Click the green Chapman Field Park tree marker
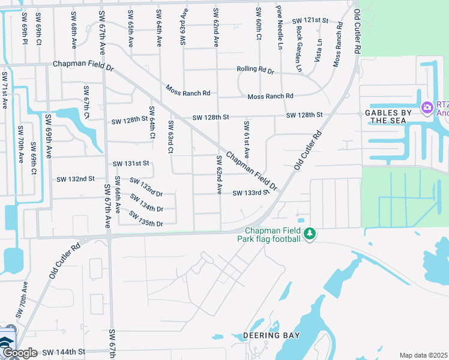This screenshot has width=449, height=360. (x=310, y=233)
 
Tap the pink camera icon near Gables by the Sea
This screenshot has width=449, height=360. (x=427, y=107)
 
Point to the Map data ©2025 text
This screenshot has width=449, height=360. (x=423, y=355)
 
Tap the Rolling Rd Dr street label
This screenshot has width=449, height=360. (x=255, y=70)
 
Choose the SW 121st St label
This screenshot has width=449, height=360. (x=310, y=20)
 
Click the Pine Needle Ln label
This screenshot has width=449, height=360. (x=279, y=27)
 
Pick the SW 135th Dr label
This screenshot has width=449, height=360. (x=147, y=223)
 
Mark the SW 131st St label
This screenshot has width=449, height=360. (x=130, y=163)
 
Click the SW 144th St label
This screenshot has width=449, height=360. (x=64, y=352)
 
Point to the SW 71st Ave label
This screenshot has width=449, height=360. (x=5, y=90)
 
